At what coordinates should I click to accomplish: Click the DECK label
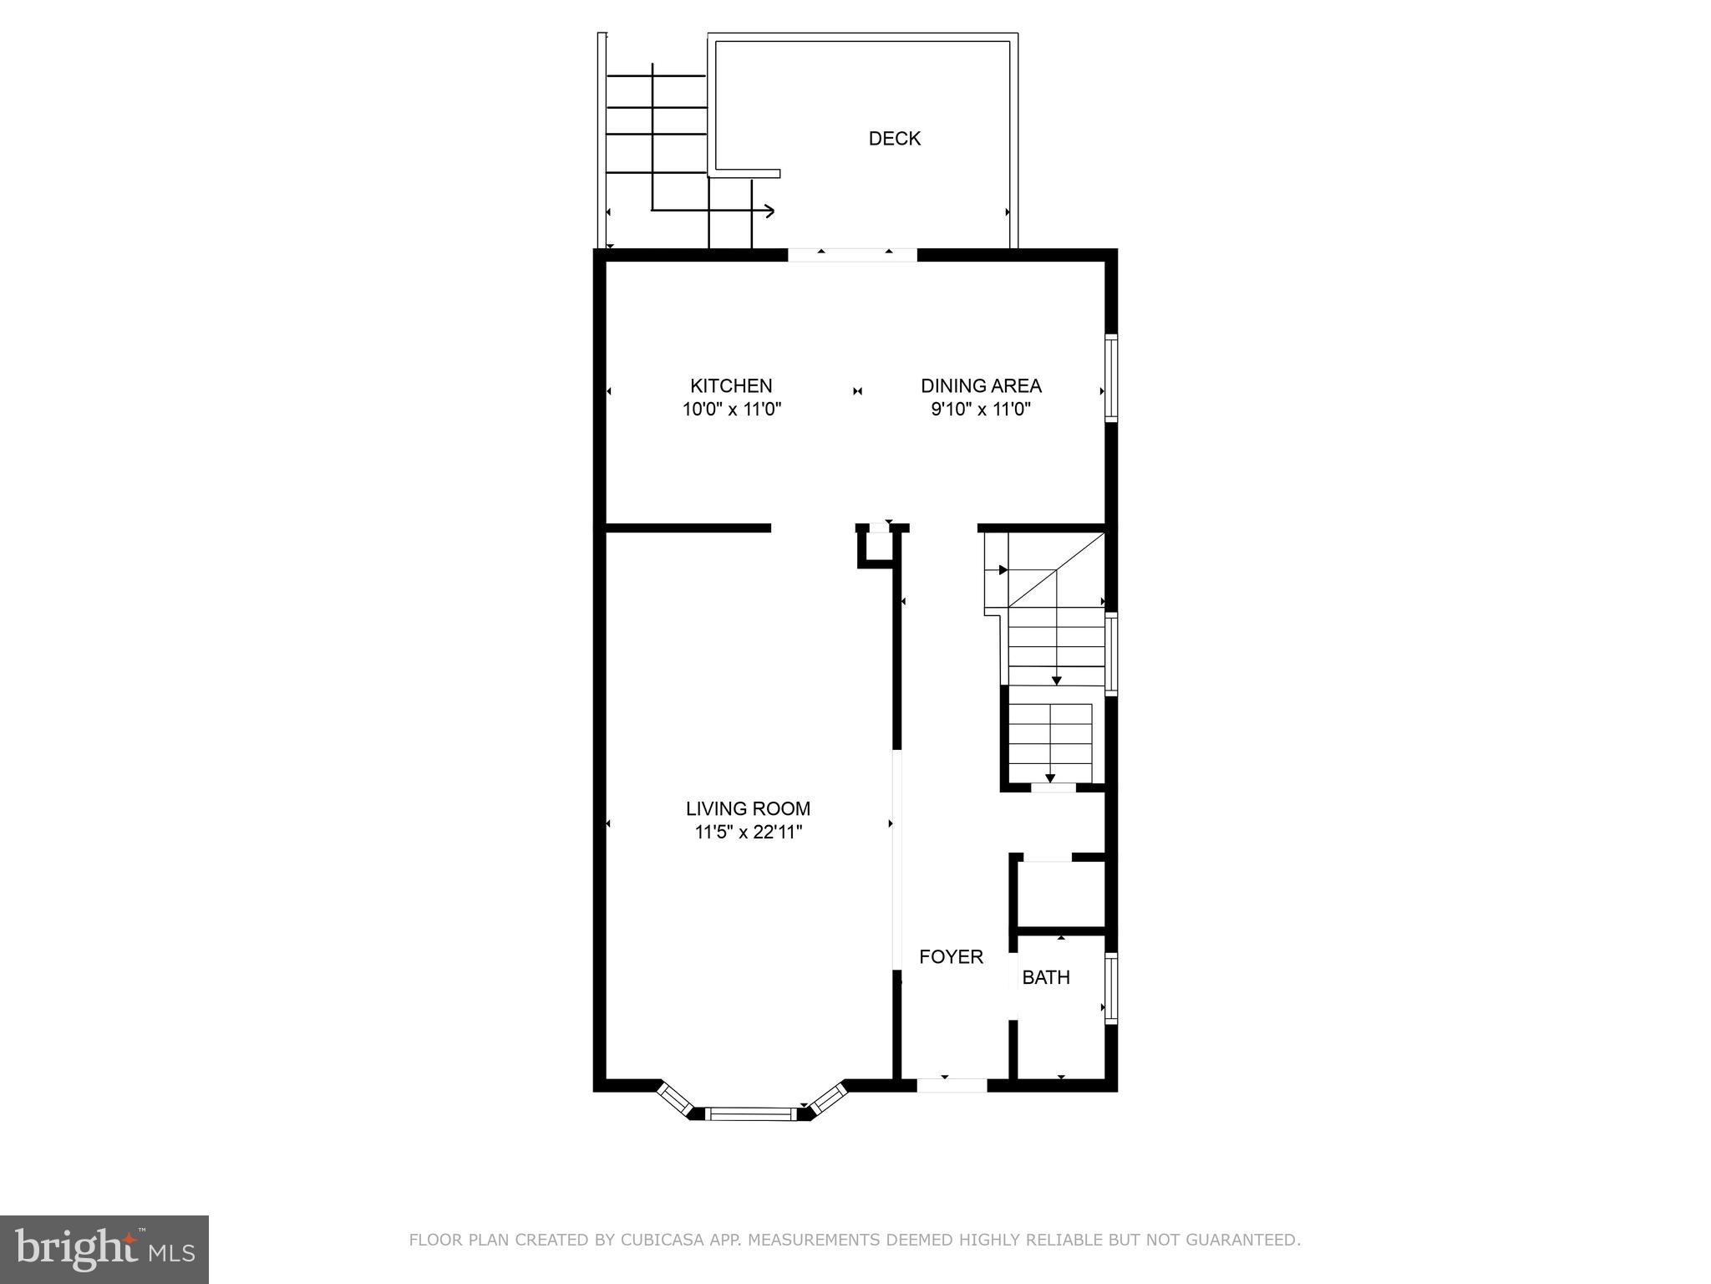pos(894,139)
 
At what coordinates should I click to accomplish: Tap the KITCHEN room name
pos(731,386)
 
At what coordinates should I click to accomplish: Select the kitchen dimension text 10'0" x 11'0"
pos(731,410)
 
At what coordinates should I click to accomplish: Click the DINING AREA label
pos(981,386)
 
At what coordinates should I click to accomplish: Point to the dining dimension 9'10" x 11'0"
pos(981,410)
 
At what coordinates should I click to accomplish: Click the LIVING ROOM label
pos(748,808)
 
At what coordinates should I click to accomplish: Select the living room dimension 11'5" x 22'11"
pos(748,833)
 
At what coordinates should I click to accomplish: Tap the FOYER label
pos(951,957)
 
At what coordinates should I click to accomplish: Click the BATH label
pos(1046,977)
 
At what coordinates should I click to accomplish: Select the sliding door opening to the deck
pos(852,255)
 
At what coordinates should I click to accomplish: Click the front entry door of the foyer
pos(952,1085)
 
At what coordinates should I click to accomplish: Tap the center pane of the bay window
pos(750,1113)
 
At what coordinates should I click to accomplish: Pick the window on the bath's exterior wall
pos(1111,988)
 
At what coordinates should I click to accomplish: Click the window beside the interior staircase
pos(1111,655)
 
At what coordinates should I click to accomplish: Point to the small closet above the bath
pos(1060,893)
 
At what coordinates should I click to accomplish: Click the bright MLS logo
pos(104,1249)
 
